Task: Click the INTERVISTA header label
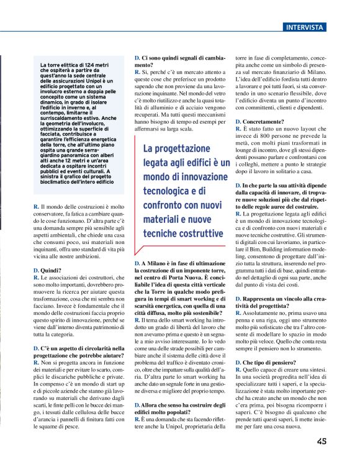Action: click(304, 27)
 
